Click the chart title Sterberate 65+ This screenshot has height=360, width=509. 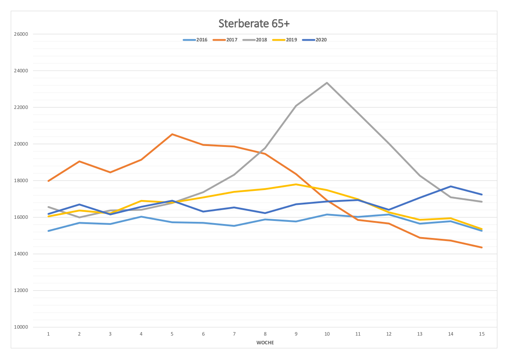pyautogui.click(x=254, y=23)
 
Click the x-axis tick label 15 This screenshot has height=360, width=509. pyautogui.click(x=481, y=334)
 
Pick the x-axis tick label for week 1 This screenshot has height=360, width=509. pyautogui.click(x=48, y=334)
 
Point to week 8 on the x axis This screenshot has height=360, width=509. pyautogui.click(x=265, y=334)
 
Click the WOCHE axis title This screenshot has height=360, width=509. pyautogui.click(x=265, y=343)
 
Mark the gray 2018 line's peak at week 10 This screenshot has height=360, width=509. pyautogui.click(x=327, y=82)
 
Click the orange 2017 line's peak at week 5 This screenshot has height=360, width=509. pyautogui.click(x=172, y=134)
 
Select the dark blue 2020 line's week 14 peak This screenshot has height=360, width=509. pyautogui.click(x=450, y=187)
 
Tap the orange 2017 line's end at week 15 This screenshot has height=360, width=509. pyautogui.click(x=481, y=247)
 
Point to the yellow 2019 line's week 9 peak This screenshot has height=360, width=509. pyautogui.click(x=296, y=184)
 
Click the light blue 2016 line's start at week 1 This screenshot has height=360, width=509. pyautogui.click(x=48, y=231)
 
